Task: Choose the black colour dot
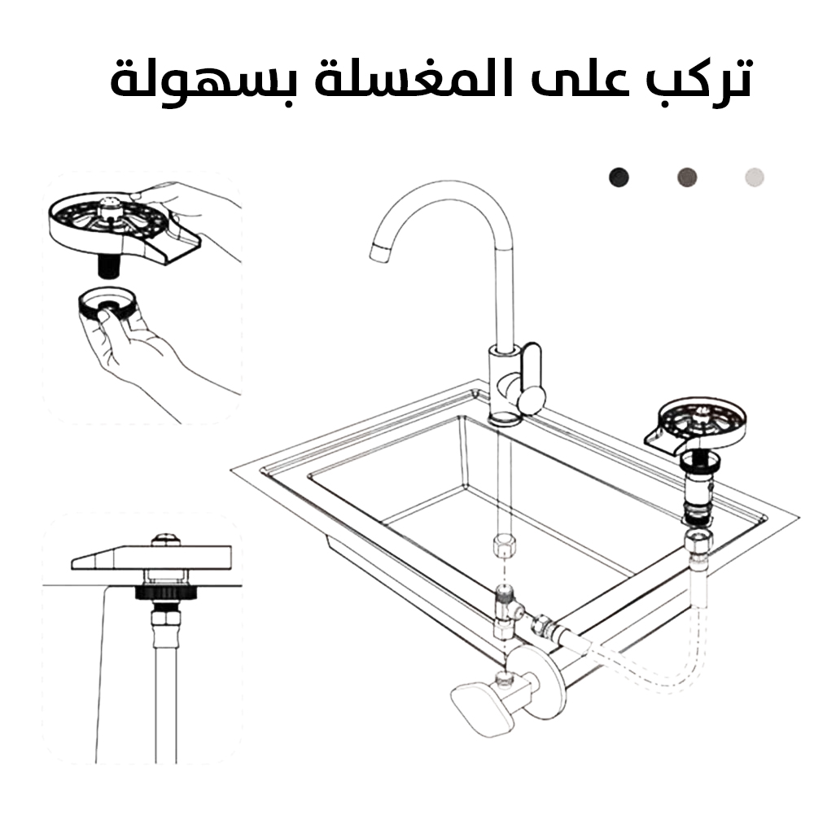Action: coord(619,177)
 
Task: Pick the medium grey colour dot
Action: coord(687,177)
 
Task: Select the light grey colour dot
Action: coord(755,177)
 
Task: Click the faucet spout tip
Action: coord(379,253)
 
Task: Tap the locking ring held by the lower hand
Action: coord(107,304)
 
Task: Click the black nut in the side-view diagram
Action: coord(165,593)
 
